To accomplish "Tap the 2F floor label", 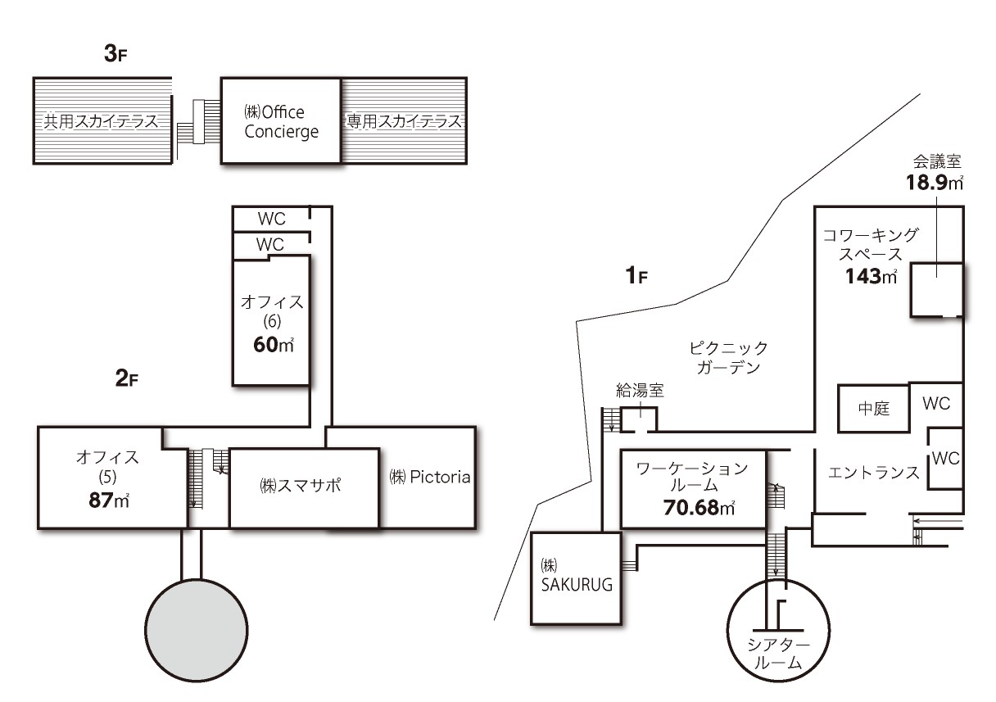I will pyautogui.click(x=129, y=378).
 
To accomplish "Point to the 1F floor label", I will pyautogui.click(x=636, y=276).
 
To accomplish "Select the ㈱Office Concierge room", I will pyautogui.click(x=281, y=121).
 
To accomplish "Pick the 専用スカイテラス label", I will pyautogui.click(x=403, y=122).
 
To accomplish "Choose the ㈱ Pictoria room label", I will pyautogui.click(x=430, y=477).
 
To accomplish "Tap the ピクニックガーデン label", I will pyautogui.click(x=728, y=358).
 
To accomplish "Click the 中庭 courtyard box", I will pyautogui.click(x=873, y=408).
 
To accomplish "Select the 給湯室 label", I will pyautogui.click(x=639, y=392).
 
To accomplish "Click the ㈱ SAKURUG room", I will pyautogui.click(x=569, y=577).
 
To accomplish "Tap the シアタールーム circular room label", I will pyautogui.click(x=775, y=654).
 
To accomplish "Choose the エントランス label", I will pyautogui.click(x=873, y=473).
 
